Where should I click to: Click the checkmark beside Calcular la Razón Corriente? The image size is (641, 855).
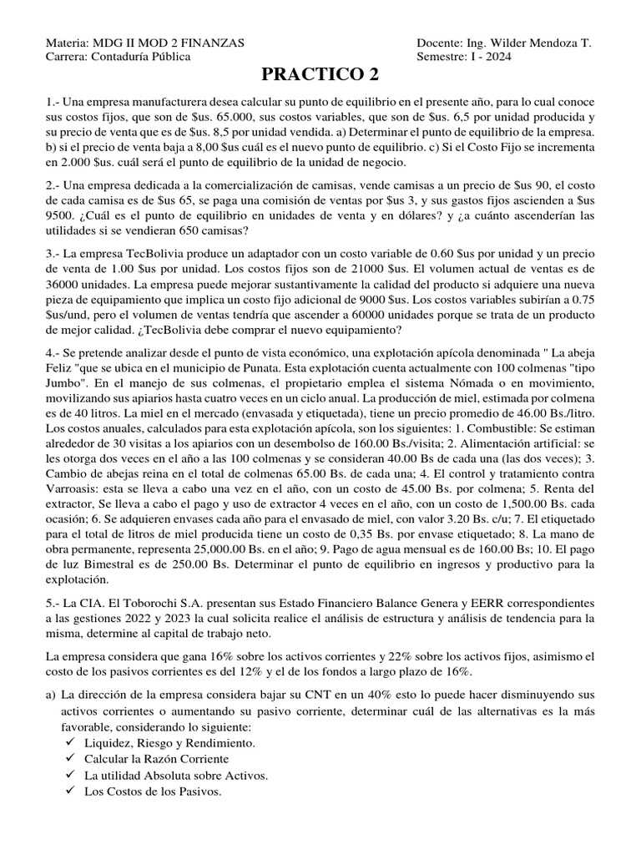(69, 758)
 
